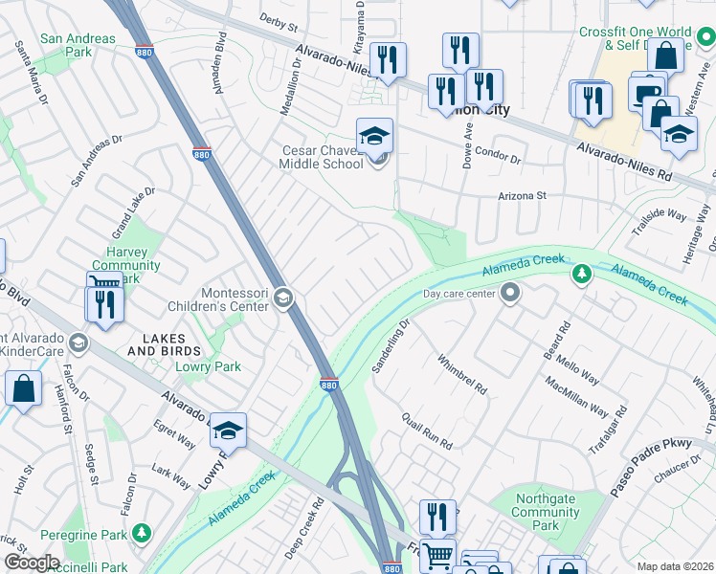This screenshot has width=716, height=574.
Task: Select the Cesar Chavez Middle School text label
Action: [x=322, y=157]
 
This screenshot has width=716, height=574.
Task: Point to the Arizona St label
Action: [x=522, y=195]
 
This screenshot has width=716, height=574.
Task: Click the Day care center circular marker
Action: [x=511, y=294]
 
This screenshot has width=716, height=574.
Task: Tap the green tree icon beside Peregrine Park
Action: [x=142, y=531]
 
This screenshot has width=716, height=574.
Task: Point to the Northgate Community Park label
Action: [x=546, y=512]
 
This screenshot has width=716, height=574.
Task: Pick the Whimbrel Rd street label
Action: [x=463, y=375]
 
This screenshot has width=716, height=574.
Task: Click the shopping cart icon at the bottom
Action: [x=438, y=554]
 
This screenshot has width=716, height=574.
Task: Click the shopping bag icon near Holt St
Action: [x=23, y=389]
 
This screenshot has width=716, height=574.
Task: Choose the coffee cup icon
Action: [x=646, y=94]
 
